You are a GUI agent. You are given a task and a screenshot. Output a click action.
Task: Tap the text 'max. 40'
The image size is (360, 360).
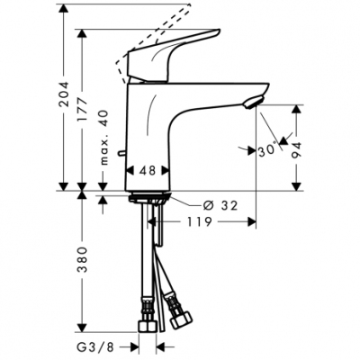point(104,136)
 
